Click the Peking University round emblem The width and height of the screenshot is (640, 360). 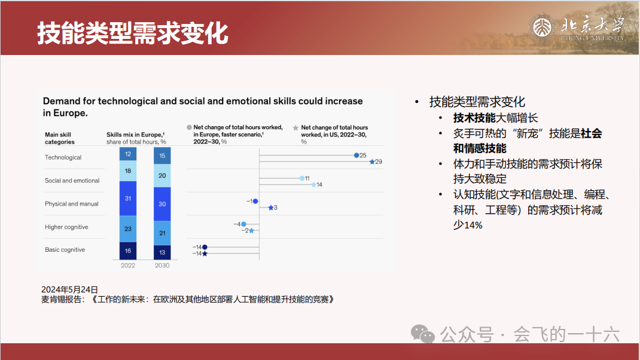(x=543, y=28)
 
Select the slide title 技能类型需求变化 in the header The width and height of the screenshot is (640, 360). (x=133, y=33)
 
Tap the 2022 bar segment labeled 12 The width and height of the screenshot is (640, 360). (x=128, y=154)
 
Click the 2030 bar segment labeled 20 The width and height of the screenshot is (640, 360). (x=162, y=175)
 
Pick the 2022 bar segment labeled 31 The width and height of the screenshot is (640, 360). (x=128, y=199)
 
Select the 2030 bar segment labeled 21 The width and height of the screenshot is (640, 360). (x=162, y=233)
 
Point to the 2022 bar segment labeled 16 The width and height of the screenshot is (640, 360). (x=128, y=251)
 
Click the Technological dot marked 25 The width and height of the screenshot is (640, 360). (x=356, y=155)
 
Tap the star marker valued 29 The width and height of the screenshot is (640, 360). (x=372, y=161)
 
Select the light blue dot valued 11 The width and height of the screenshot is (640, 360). (x=302, y=178)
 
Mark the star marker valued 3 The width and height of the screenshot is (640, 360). (x=271, y=208)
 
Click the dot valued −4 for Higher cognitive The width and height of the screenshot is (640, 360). (x=243, y=224)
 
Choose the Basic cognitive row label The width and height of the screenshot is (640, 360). (x=65, y=250)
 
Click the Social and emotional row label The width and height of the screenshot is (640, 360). (x=72, y=181)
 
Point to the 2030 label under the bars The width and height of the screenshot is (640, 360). (x=162, y=266)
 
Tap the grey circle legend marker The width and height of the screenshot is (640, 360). (x=190, y=127)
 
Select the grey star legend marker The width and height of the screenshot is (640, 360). (x=295, y=128)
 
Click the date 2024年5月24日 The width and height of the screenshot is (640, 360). (x=70, y=289)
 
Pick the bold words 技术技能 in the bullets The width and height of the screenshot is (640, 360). (x=474, y=118)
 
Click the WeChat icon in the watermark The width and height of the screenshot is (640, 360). (x=422, y=334)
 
